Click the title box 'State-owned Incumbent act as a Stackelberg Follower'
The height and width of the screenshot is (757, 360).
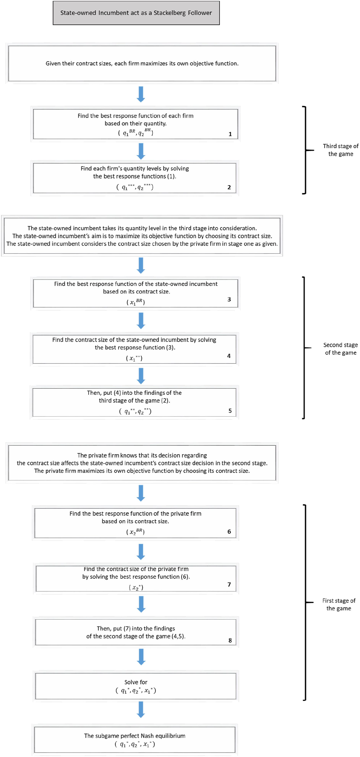point(136,13)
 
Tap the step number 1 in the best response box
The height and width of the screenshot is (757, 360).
point(230,134)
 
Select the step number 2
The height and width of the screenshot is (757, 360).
point(229,187)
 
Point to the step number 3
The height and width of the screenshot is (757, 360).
point(229,299)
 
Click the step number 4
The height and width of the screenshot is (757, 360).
point(229,356)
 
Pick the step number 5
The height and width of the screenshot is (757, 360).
point(230,411)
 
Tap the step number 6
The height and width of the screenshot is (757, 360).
point(229,532)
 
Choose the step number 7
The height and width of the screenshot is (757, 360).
point(229,584)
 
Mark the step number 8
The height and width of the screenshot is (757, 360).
point(230,640)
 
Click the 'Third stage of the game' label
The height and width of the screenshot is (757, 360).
point(341,150)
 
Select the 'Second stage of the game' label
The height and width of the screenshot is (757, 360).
point(341,349)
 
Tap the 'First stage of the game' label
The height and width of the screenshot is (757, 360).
point(339,605)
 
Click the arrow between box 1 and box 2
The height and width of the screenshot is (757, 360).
point(141,151)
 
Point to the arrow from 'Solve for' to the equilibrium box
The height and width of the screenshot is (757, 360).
point(141,710)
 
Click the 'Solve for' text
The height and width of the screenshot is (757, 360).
point(136,682)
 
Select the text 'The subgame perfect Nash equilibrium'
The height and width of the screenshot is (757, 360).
point(135,736)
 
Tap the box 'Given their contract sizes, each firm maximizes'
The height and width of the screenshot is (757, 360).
point(142,63)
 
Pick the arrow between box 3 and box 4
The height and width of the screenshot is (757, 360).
point(141,321)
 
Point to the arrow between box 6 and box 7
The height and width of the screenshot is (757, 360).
point(141,552)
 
